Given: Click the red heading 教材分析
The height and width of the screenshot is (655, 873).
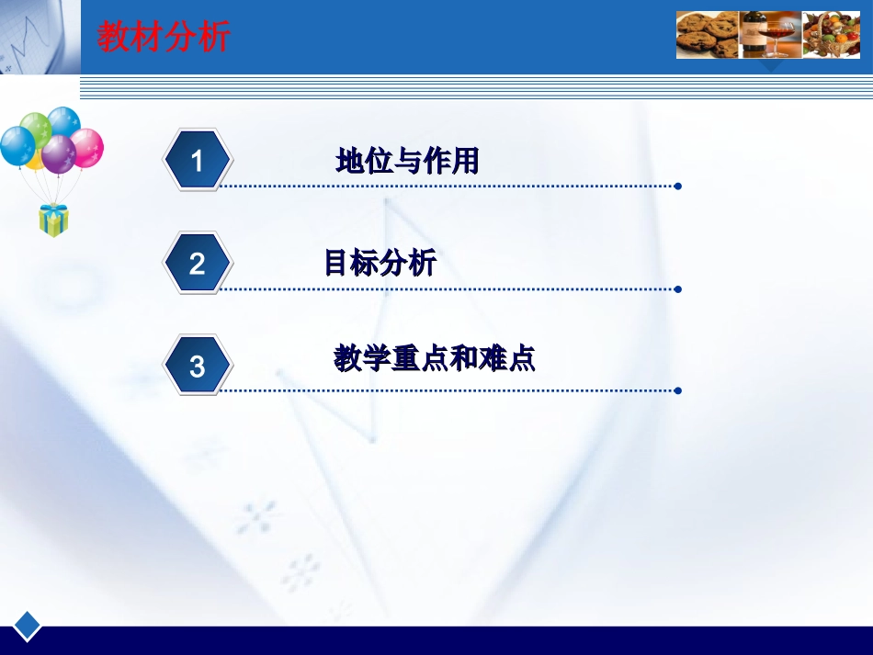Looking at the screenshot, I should pos(164,38).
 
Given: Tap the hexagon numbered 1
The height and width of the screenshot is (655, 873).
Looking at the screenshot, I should pos(197,162).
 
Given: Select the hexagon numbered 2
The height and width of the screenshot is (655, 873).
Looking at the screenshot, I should pos(197,265).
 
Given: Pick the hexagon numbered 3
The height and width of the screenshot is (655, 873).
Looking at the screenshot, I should pos(197,367).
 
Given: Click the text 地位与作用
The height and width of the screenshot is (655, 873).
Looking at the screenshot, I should pos(407,163).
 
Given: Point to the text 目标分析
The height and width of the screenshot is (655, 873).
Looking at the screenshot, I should pos(380,265).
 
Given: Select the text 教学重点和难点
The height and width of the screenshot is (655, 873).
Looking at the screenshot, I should pos(434,358).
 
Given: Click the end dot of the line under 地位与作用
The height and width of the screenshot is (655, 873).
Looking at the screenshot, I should pos(677,186).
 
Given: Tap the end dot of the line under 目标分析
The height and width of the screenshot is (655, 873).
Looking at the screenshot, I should pos(677,289).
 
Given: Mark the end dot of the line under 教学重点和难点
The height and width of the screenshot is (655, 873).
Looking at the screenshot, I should pos(677,390).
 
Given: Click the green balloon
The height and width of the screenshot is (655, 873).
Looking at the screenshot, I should pos(36,129).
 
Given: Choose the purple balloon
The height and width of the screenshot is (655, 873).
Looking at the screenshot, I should pos(59,152).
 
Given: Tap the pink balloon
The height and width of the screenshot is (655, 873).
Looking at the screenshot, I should pos(88,147).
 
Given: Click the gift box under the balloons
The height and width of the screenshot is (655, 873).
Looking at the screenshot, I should pos(53,220).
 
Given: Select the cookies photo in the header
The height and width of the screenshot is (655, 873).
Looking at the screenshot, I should pos(708,35).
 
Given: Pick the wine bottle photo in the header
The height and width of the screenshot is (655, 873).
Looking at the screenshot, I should pos(770,35).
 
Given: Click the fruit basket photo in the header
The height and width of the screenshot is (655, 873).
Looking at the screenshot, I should pos(831,35).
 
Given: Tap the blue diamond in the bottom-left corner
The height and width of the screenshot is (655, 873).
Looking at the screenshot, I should pos(28,625).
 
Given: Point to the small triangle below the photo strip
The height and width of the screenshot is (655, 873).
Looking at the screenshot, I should pos(770,65).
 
